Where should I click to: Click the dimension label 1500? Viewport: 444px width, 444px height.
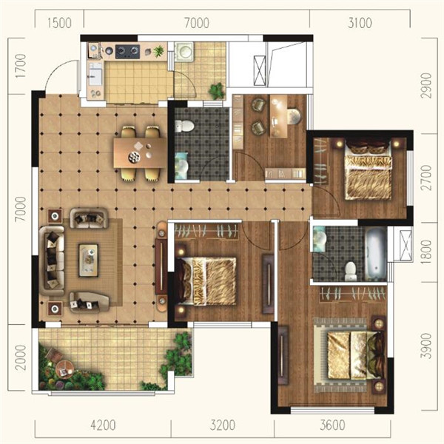[x=59, y=23]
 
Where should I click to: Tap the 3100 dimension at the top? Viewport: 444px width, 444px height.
[x=360, y=23]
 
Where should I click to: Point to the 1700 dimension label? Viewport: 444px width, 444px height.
[x=21, y=66]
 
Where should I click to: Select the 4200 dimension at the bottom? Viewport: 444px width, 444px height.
[x=103, y=425]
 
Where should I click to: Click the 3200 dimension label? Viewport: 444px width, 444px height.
[x=222, y=425]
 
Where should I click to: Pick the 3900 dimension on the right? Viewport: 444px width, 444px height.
[x=426, y=346]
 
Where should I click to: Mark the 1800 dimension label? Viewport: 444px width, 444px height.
[x=426, y=252]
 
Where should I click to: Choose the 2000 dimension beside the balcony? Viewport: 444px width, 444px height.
[x=21, y=357]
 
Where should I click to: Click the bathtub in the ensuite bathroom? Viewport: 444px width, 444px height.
[x=376, y=252]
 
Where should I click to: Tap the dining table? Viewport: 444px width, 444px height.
[x=140, y=153]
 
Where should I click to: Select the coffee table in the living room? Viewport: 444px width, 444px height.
[x=89, y=260]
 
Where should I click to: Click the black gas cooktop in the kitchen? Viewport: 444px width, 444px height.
[x=127, y=51]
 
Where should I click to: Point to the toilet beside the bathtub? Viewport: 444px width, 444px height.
[x=351, y=271]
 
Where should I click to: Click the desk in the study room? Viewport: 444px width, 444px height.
[x=279, y=116]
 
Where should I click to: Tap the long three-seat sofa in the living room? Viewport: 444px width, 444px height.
[x=53, y=260]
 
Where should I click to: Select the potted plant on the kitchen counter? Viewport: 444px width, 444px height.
[x=158, y=51]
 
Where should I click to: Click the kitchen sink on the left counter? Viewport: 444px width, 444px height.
[x=95, y=74]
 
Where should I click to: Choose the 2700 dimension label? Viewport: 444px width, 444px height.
[x=426, y=178]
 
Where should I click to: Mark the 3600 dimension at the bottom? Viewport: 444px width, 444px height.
[x=332, y=425]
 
